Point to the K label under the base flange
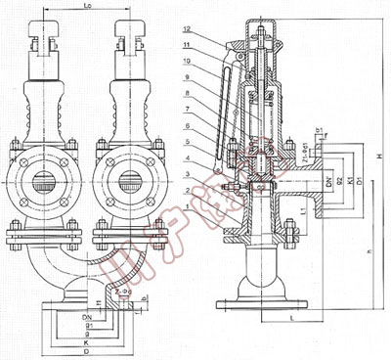click(x=62, y=343)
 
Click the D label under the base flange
click(x=62, y=353)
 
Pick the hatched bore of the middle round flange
click(x=129, y=181)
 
